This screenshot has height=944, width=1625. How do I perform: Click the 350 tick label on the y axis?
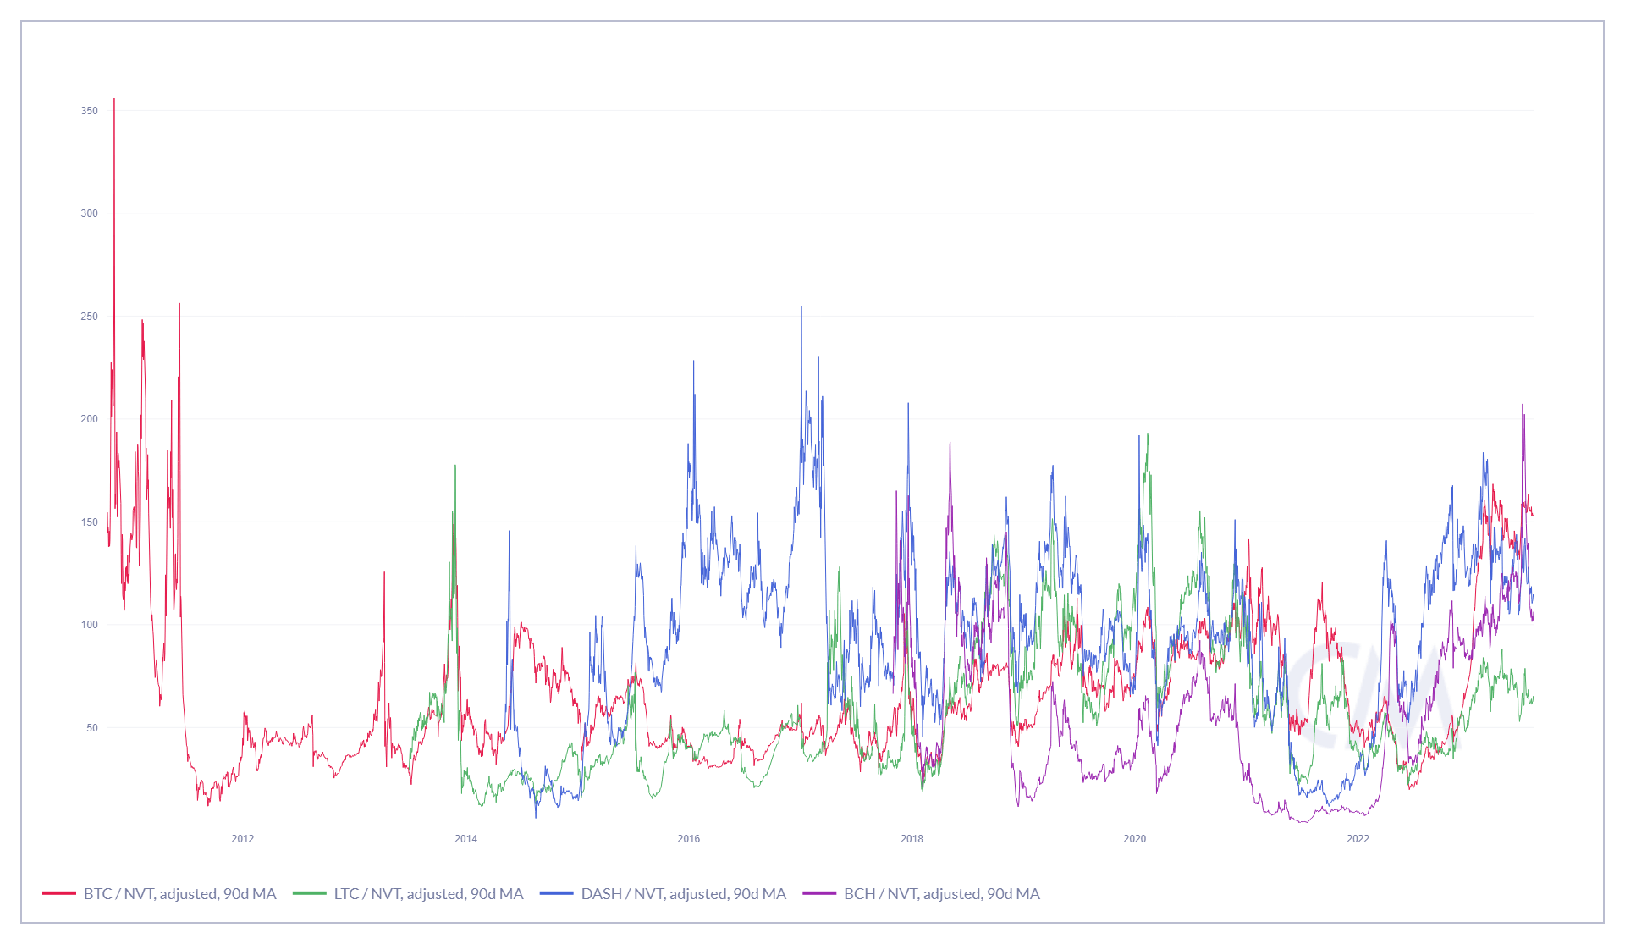click(89, 111)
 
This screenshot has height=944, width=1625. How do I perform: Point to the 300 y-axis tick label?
click(89, 213)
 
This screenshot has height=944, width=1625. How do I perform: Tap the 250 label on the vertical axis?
click(89, 317)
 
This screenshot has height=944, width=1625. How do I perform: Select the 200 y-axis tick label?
click(89, 419)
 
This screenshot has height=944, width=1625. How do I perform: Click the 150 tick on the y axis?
click(89, 522)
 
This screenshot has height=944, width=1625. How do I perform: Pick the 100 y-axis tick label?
click(89, 625)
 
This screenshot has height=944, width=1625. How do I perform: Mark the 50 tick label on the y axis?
click(91, 728)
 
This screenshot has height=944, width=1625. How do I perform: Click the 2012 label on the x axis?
click(242, 839)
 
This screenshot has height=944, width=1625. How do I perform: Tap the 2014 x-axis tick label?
click(465, 839)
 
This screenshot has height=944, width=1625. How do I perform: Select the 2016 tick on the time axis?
click(688, 839)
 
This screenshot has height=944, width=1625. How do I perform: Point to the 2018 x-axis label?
click(912, 839)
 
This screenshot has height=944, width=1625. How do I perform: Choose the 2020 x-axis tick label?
click(1134, 839)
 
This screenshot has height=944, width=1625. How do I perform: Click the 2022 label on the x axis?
click(1358, 839)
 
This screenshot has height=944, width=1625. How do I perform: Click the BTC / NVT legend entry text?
click(179, 894)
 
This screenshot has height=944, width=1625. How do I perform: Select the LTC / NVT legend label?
click(428, 894)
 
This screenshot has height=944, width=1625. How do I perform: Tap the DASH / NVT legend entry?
click(683, 894)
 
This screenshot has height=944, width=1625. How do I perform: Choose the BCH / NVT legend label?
click(941, 894)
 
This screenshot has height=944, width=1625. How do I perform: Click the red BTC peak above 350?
click(114, 100)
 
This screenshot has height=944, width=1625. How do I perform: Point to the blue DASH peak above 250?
click(801, 307)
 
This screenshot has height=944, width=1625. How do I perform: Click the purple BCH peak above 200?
click(1522, 406)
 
